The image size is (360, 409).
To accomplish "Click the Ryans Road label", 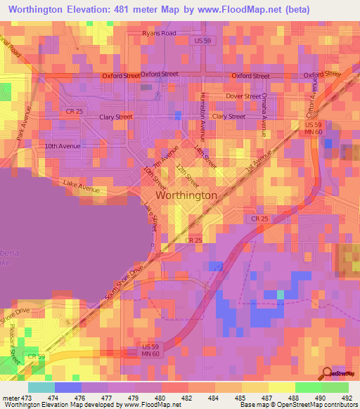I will point(158,33).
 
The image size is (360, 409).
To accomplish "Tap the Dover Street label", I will point(243,96).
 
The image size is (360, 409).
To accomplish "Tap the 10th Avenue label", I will point(63,146).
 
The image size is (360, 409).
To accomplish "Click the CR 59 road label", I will point(37,357).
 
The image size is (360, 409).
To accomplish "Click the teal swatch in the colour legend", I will point(41,387).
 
